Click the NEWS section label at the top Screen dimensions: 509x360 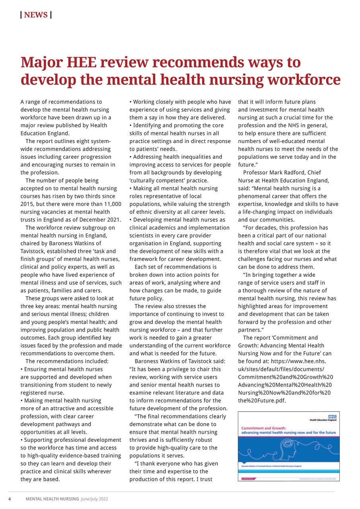point(36,15)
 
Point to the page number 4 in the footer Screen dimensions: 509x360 point(10,499)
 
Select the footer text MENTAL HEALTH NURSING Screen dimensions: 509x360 point(52,499)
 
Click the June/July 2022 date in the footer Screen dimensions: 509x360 point(94,499)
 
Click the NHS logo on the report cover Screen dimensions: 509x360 point(332,416)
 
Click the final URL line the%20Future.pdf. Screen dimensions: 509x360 point(262,400)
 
